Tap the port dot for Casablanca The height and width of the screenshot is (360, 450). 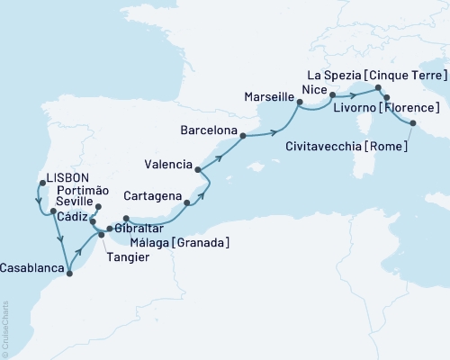click(69, 261)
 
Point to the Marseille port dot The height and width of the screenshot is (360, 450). click(299, 103)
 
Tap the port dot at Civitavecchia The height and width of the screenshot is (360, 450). click(413, 123)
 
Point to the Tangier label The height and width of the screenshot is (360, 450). click(128, 256)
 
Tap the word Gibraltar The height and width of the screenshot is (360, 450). click(139, 229)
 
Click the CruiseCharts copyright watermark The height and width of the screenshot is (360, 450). click(5, 328)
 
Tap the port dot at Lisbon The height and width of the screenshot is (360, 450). click(40, 184)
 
